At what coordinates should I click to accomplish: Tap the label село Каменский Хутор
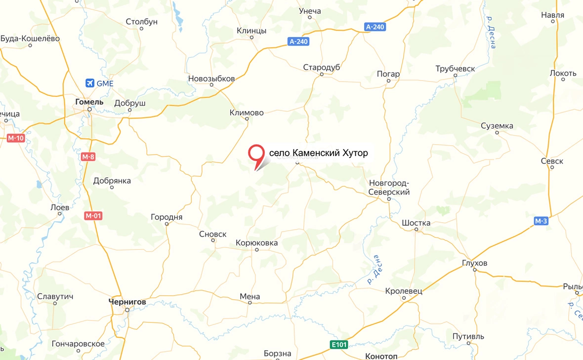(x=318, y=153)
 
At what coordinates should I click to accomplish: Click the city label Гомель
(x=89, y=102)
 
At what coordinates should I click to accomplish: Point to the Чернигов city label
(x=127, y=301)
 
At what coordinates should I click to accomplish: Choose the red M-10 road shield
(x=16, y=138)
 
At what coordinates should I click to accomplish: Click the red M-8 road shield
(x=87, y=157)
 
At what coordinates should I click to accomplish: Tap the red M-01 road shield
(x=93, y=215)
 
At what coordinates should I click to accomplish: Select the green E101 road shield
(x=339, y=345)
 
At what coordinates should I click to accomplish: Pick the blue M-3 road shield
(x=541, y=221)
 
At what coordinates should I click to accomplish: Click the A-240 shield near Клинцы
(x=299, y=41)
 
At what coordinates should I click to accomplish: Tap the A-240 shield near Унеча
(x=375, y=27)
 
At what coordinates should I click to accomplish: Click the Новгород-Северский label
(x=389, y=188)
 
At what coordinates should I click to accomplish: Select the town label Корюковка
(x=257, y=243)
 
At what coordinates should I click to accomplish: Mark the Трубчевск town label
(x=455, y=69)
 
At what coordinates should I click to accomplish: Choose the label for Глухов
(x=475, y=263)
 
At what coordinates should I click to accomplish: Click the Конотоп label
(x=381, y=356)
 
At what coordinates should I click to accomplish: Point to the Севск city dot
(x=552, y=167)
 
